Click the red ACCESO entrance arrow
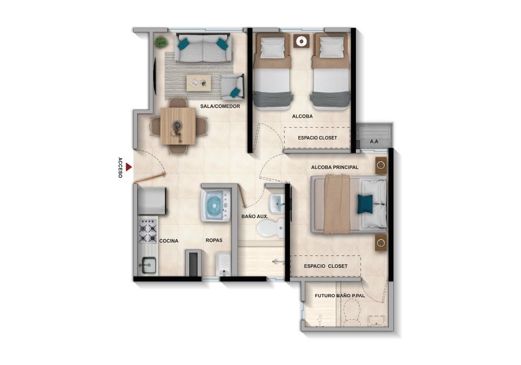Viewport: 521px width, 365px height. coord(129,168)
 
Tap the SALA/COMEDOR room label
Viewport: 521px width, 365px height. coord(220,106)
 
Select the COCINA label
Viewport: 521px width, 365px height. coord(169,241)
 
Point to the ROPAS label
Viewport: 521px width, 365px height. coord(214,240)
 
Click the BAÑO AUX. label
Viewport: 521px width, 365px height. coord(254,216)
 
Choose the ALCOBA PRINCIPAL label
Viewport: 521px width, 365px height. coord(335,168)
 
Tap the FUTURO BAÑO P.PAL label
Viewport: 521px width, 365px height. coord(343,296)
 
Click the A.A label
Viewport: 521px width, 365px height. coord(374,141)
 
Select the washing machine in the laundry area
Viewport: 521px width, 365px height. coord(215,205)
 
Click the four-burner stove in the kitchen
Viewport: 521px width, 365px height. coord(147,231)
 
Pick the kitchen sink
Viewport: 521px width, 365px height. coord(147,266)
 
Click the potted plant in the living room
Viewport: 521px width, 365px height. coord(161,42)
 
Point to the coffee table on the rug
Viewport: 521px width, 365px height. coord(199,83)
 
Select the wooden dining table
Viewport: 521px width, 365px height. coord(178,125)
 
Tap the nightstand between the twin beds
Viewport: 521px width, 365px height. coord(301,41)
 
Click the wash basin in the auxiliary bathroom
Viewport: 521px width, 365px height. coord(276,201)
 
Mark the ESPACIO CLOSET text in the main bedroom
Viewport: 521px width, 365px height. coord(325,266)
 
